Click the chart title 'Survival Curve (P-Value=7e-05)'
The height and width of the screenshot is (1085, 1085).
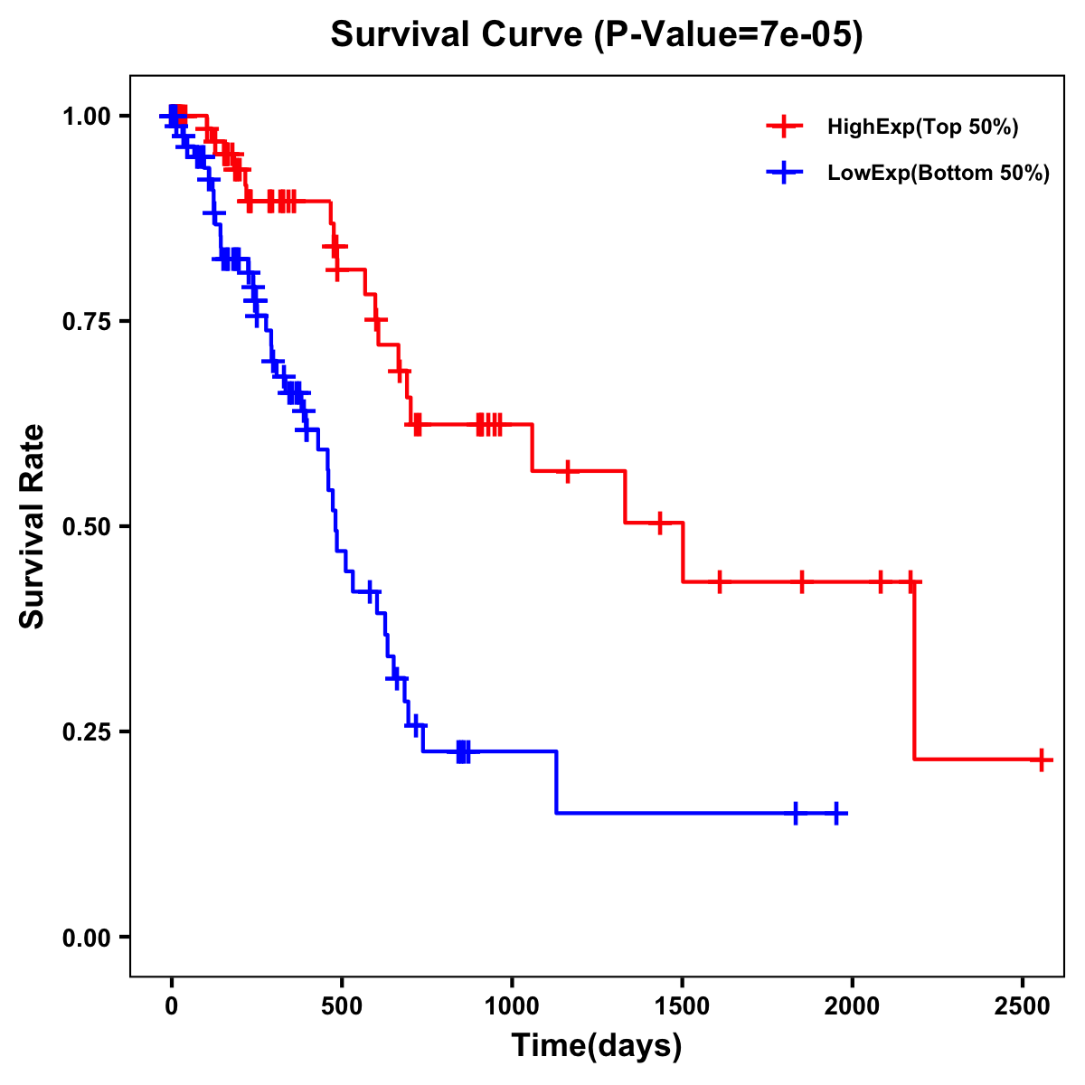pyautogui.click(x=597, y=35)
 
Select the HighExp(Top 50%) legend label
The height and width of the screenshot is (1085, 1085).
pyautogui.click(x=923, y=127)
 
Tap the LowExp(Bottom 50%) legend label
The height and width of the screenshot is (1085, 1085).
pyautogui.click(x=939, y=174)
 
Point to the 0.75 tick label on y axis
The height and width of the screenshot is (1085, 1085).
pyautogui.click(x=88, y=322)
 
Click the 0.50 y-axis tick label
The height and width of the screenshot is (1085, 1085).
pyautogui.click(x=88, y=527)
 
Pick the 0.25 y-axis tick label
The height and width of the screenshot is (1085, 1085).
pyautogui.click(x=88, y=732)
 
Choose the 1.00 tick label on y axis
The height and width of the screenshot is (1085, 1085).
pyautogui.click(x=88, y=117)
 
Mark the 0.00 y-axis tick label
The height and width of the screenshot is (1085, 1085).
pyautogui.click(x=88, y=938)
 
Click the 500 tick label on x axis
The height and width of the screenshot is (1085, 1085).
pyautogui.click(x=342, y=1003)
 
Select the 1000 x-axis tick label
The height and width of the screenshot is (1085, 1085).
pyautogui.click(x=512, y=1003)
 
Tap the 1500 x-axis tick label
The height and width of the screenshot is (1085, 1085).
pyautogui.click(x=683, y=1003)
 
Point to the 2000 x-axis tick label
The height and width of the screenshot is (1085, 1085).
pyautogui.click(x=853, y=1003)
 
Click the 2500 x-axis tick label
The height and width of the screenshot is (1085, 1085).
pyautogui.click(x=1023, y=1003)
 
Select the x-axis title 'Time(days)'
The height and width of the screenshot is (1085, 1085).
pyautogui.click(x=597, y=1046)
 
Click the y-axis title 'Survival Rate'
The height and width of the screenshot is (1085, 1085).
pyautogui.click(x=33, y=526)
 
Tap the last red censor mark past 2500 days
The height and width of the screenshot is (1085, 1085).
pyautogui.click(x=1042, y=759)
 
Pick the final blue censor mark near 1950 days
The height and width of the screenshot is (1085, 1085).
pyautogui.click(x=836, y=814)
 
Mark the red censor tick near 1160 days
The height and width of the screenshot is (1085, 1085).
pyautogui.click(x=567, y=471)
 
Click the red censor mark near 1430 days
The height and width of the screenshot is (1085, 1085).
pyautogui.click(x=660, y=523)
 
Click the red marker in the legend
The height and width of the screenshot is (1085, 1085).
pyautogui.click(x=784, y=127)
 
